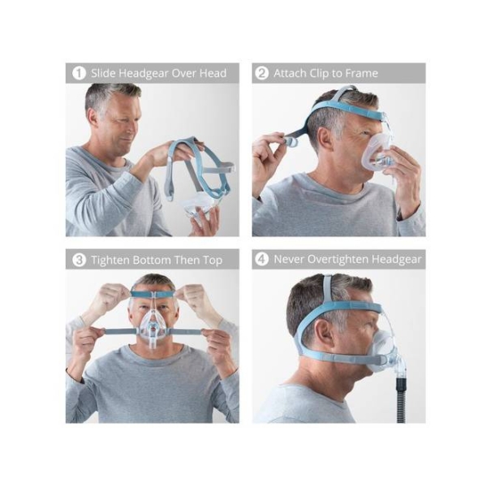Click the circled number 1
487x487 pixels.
[x=79, y=74]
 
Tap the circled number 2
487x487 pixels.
[x=261, y=74]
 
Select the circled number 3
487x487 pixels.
[x=79, y=260]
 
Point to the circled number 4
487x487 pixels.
[x=261, y=260]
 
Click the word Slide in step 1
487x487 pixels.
[x=103, y=74]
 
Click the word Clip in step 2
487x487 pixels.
[x=320, y=74]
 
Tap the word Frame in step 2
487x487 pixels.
[x=362, y=74]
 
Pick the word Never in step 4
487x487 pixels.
[x=288, y=260]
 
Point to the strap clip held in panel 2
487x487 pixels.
[x=291, y=142]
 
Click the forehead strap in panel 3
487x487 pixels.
[x=153, y=294]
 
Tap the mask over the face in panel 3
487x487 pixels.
[x=153, y=325]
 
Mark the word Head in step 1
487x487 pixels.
[x=213, y=74]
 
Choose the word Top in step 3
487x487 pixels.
[x=213, y=261]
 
